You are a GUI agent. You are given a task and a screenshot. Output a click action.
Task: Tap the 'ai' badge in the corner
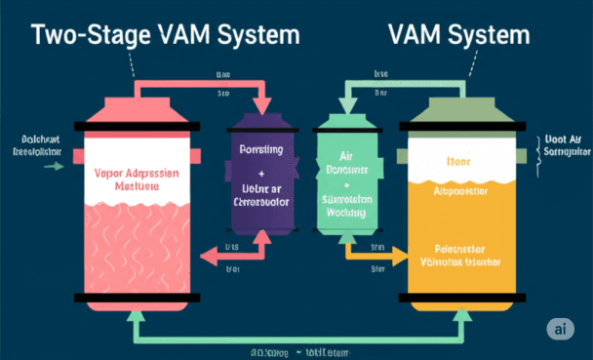click(560, 329)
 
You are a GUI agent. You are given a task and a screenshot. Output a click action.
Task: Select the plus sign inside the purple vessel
click(260, 172)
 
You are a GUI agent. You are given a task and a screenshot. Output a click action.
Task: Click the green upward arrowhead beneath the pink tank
click(136, 318)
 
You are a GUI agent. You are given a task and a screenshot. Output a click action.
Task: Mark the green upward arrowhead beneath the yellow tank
click(454, 318)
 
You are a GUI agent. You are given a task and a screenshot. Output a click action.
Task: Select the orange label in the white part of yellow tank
click(457, 161)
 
